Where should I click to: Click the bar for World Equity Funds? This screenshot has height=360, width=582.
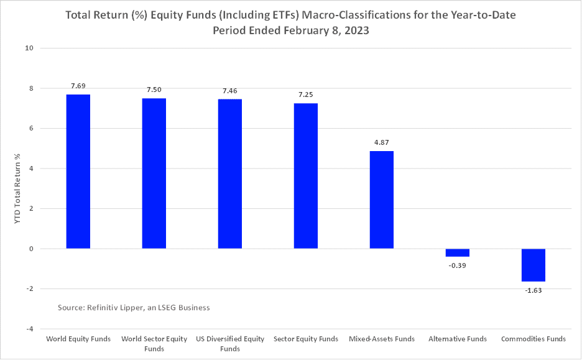(x=78, y=172)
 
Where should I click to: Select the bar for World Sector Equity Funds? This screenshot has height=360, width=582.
(x=154, y=173)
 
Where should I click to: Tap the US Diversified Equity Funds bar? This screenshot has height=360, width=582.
(x=230, y=174)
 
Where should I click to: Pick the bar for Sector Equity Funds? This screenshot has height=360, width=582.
(x=306, y=176)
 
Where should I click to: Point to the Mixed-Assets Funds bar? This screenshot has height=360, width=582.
(x=382, y=200)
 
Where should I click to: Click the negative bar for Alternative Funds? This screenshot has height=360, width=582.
(x=458, y=252)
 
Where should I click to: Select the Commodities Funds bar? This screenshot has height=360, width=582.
(x=533, y=265)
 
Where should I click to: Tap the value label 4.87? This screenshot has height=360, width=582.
(x=382, y=143)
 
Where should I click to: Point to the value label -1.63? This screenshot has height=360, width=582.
(x=533, y=290)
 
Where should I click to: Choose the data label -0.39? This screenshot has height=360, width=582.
(x=458, y=265)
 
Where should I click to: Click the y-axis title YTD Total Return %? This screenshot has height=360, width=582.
(x=17, y=188)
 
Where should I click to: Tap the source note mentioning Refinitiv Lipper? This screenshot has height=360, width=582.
(x=134, y=307)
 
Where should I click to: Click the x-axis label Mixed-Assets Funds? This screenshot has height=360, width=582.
(x=382, y=339)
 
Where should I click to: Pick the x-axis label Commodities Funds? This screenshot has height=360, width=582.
(x=533, y=339)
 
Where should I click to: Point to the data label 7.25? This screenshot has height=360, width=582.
(x=306, y=95)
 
